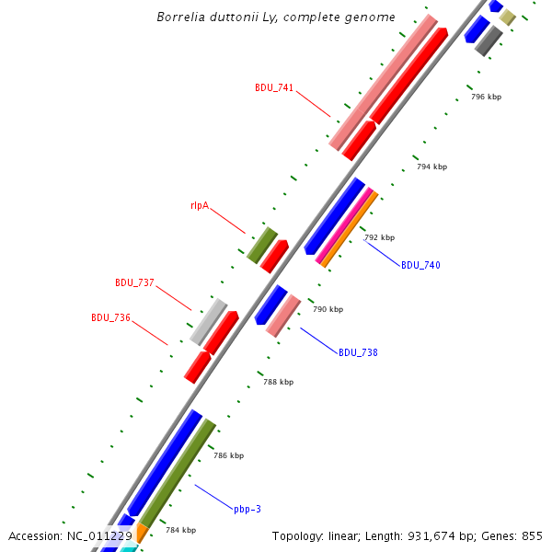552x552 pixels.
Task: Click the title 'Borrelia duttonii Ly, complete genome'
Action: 276,17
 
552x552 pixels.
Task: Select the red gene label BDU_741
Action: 274,88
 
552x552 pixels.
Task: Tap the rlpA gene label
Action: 200,205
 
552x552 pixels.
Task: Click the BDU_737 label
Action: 134,282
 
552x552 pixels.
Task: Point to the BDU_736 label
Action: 110,317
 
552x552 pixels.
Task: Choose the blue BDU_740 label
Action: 420,265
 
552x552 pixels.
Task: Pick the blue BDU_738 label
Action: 358,352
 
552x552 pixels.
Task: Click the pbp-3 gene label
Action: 247,509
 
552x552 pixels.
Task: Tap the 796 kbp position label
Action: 486,97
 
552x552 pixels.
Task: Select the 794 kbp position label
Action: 431,167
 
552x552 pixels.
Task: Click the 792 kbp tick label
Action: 379,237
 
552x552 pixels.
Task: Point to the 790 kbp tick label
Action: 328,309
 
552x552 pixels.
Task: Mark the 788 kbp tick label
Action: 278,382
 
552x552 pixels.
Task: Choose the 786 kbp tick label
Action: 228,455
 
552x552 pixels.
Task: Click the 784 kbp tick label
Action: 180,530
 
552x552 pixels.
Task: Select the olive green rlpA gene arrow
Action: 261,246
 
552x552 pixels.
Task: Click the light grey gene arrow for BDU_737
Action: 209,321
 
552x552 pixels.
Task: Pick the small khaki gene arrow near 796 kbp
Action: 507,17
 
